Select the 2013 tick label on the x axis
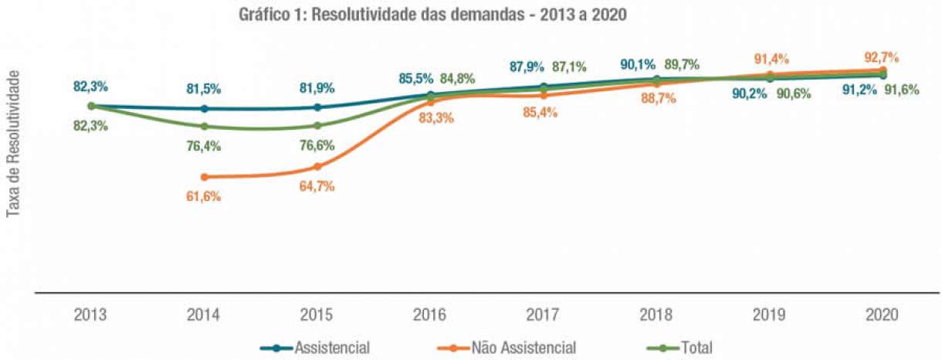pos(90,315)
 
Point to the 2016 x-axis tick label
pos(430,315)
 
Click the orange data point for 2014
pos(204,177)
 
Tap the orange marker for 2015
pos(317,167)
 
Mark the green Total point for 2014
pos(204,126)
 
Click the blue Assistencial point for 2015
pos(317,107)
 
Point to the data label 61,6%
pos(204,196)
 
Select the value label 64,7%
pos(317,186)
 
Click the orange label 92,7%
pos(883,57)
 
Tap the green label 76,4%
pos(204,145)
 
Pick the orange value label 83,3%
pos(430,118)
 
